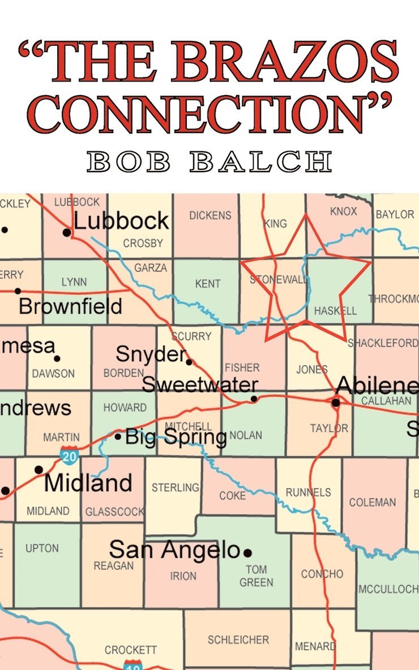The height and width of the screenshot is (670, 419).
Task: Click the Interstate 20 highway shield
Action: [69, 455]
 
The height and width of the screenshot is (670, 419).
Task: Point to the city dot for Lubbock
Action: [67, 232]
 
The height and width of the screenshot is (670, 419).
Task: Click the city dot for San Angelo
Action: [247, 552]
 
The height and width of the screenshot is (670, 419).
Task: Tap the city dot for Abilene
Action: [336, 402]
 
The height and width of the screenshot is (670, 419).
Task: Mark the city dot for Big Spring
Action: [118, 436]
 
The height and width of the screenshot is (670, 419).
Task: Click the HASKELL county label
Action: [335, 311]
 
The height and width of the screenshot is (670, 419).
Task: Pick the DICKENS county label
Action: [210, 215]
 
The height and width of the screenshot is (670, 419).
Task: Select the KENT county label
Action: [208, 284]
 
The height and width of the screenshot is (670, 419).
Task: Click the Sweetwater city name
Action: [199, 385]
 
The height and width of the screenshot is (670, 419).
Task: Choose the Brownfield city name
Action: [70, 306]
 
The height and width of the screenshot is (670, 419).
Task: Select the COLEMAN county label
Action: [372, 502]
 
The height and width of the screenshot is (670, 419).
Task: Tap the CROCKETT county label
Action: [130, 650]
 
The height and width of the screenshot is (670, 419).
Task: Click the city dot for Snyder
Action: [189, 362]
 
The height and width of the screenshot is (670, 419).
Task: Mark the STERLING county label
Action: [175, 487]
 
